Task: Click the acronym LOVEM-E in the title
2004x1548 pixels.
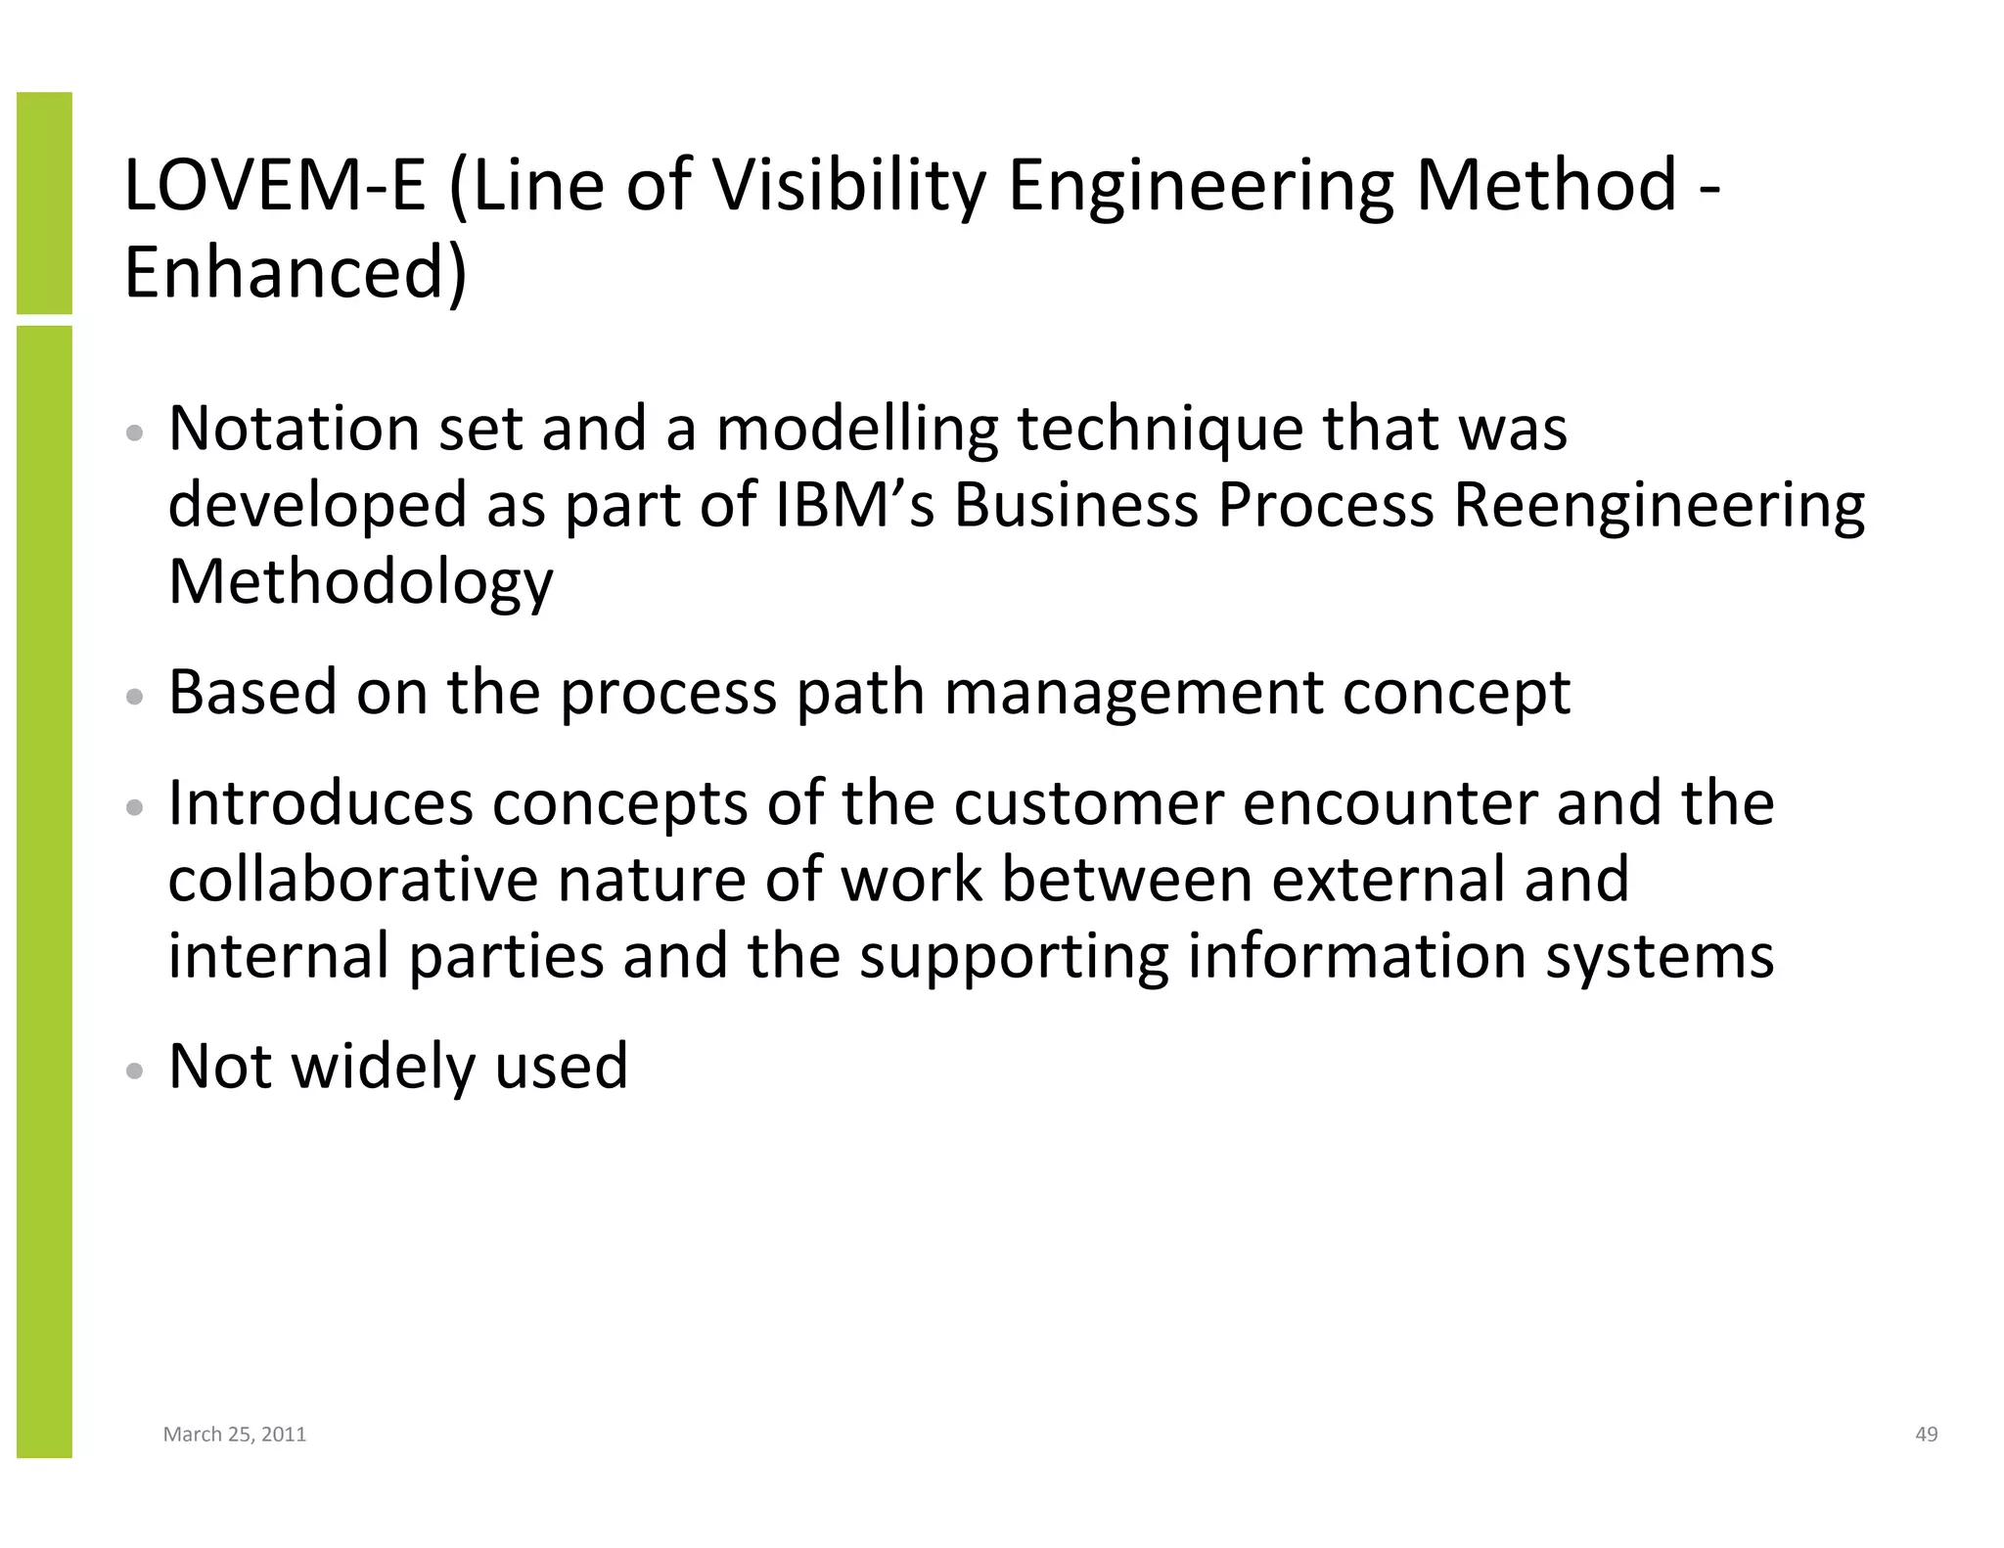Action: click(275, 185)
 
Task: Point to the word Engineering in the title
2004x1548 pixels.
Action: click(1200, 185)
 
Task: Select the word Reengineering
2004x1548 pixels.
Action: click(1659, 507)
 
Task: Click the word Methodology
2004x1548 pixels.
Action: click(360, 582)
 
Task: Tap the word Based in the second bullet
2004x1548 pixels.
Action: click(251, 692)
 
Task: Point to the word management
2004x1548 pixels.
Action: click(1132, 694)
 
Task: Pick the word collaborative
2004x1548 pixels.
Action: click(352, 878)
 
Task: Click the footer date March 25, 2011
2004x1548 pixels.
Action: click(235, 1434)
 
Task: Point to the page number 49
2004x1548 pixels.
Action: click(1926, 1434)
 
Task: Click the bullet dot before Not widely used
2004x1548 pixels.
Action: click(136, 1070)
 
